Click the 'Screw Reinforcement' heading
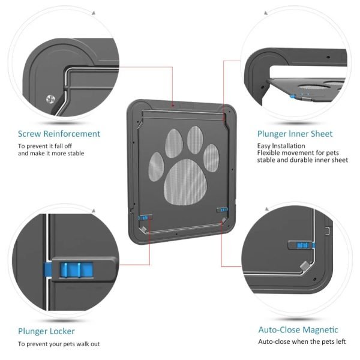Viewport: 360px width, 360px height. coord(59,134)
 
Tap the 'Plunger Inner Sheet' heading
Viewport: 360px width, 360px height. coord(295,134)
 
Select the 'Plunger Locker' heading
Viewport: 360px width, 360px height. coord(46,331)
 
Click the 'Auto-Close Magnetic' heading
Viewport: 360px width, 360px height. coord(298,329)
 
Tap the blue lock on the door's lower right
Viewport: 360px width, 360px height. coord(222,209)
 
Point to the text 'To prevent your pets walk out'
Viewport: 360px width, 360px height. coord(59,344)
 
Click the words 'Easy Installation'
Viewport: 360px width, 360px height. coord(280,146)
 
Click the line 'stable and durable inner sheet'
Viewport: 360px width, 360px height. coord(302,160)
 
